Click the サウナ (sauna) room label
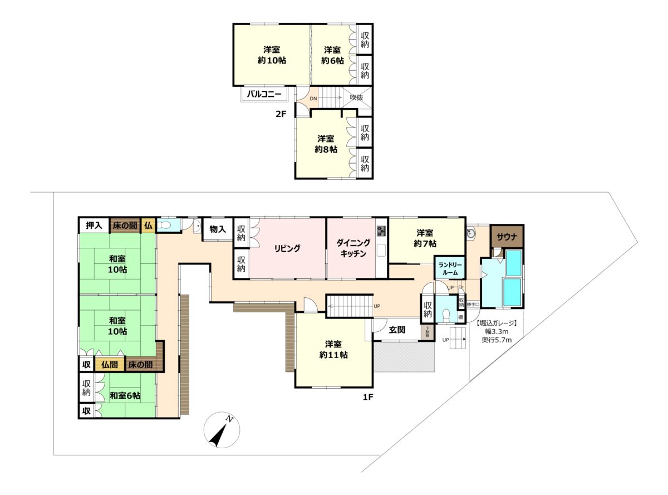tap(506, 236)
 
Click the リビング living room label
tap(287, 248)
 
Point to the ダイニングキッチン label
tap(352, 248)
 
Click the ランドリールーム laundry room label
tap(448, 269)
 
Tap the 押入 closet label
tap(94, 226)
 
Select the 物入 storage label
tap(217, 229)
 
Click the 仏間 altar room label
tap(109, 365)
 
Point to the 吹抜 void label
tap(356, 98)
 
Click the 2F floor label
tap(280, 115)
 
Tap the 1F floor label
tap(368, 398)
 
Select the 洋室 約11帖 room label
tap(333, 349)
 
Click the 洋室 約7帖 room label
tap(426, 238)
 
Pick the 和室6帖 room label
tap(125, 395)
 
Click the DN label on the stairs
tap(313, 99)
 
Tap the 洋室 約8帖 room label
tap(326, 144)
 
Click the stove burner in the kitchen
tap(381, 231)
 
